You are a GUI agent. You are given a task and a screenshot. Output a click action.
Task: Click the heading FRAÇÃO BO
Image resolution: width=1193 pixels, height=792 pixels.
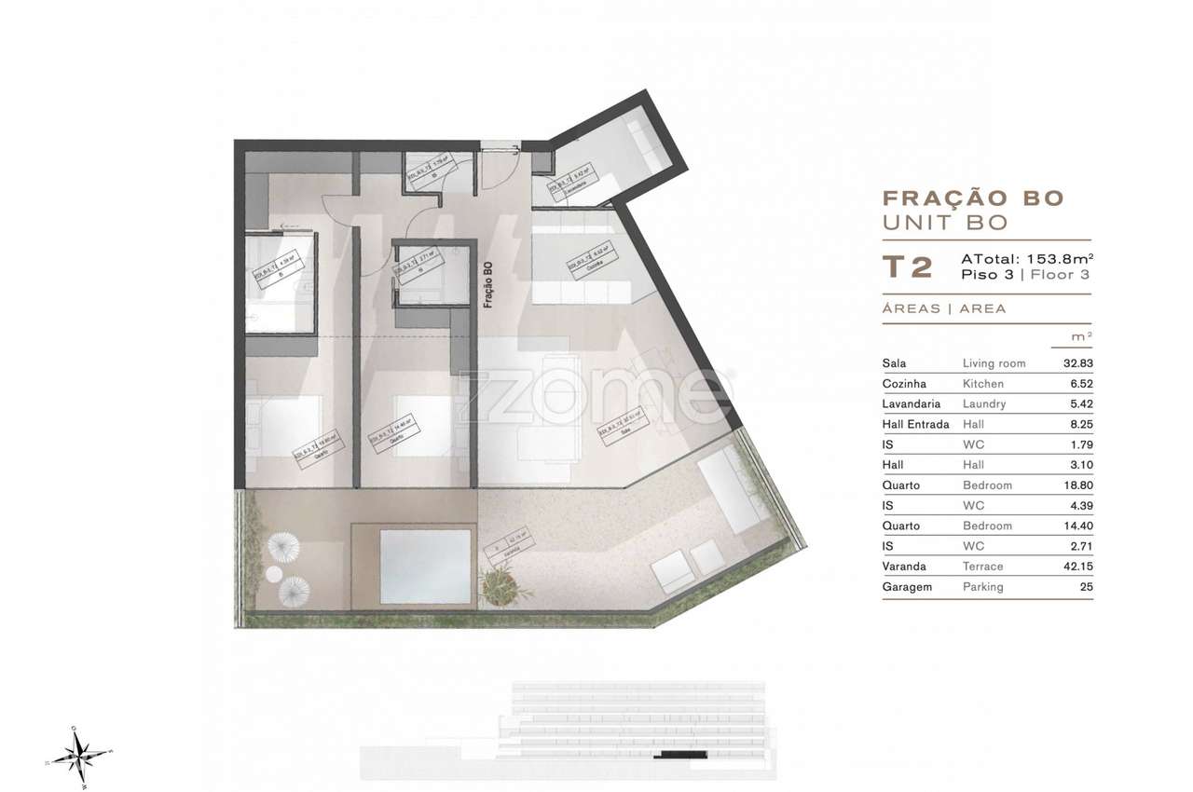972,198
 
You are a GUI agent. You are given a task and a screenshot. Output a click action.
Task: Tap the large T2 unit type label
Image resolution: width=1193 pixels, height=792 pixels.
907,267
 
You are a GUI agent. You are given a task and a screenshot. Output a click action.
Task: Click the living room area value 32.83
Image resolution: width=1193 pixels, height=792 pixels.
1077,363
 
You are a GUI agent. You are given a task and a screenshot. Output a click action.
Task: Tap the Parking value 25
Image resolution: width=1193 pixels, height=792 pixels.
1086,587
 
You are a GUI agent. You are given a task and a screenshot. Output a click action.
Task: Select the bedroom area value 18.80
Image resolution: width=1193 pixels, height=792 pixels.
1077,485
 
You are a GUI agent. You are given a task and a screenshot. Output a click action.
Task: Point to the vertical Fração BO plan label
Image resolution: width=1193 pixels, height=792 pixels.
487,285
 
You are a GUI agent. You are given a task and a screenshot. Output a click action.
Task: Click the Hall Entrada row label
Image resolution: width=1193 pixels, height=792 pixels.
915,425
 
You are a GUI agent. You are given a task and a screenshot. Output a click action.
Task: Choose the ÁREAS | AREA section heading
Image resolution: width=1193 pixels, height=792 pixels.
944,308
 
